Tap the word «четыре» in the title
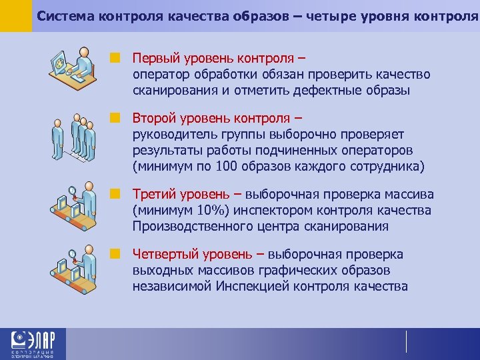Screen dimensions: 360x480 (x=329, y=15)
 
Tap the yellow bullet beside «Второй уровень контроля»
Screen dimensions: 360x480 (x=115, y=119)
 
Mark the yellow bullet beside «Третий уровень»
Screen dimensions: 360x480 (x=115, y=195)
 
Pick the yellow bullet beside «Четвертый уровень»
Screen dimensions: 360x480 (x=115, y=255)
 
